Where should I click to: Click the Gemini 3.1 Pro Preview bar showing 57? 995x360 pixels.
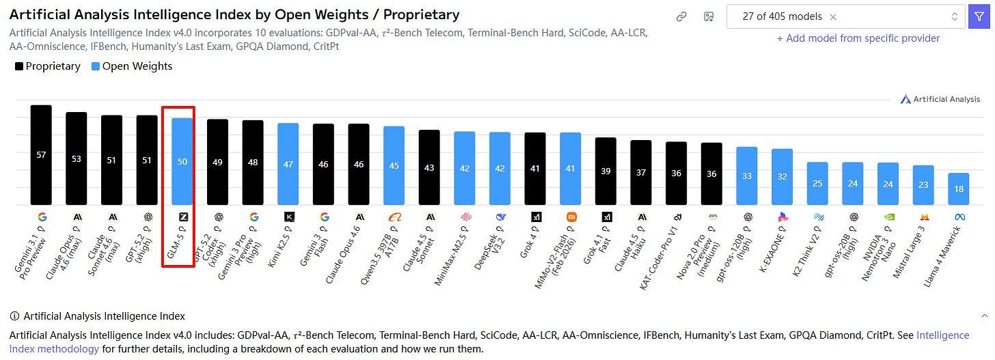(x=41, y=155)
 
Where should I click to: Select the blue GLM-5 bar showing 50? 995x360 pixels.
(x=182, y=161)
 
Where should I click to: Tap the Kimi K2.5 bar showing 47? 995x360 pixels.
(x=288, y=164)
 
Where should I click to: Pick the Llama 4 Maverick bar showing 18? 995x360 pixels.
(x=959, y=189)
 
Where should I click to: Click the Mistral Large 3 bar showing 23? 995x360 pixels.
(x=923, y=185)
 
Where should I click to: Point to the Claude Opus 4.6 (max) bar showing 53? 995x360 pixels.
(x=77, y=158)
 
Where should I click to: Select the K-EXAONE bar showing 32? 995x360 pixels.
(x=782, y=177)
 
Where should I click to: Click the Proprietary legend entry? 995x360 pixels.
(x=48, y=66)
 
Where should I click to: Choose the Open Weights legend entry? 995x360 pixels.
(x=132, y=66)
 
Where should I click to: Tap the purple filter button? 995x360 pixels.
(x=979, y=17)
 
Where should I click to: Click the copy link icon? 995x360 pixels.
(x=681, y=17)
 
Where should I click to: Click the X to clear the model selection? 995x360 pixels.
(x=833, y=17)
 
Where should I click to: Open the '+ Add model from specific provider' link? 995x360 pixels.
(x=858, y=38)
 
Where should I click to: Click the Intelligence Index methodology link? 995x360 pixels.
(x=489, y=342)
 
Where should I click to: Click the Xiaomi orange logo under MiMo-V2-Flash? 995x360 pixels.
(x=571, y=217)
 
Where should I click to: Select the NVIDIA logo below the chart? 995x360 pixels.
(x=889, y=217)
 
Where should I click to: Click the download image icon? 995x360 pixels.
(x=709, y=17)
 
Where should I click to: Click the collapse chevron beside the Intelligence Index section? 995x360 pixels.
(x=985, y=316)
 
